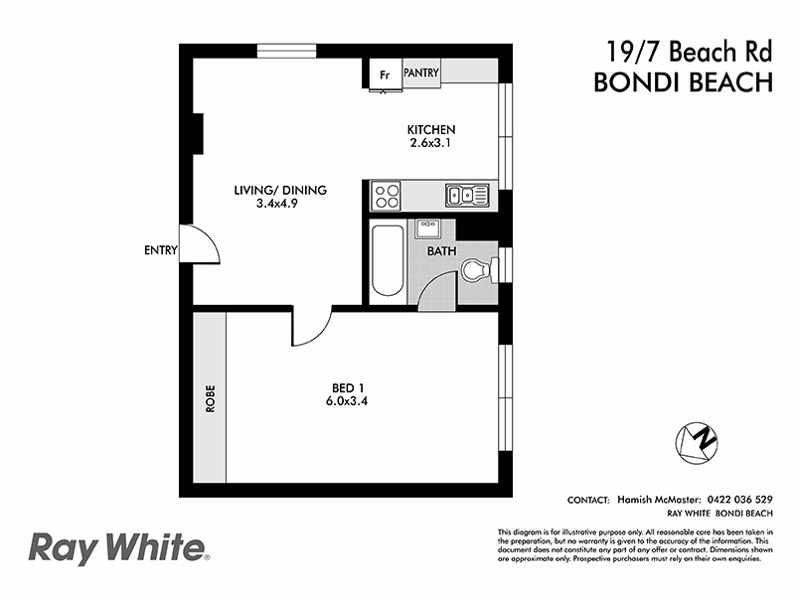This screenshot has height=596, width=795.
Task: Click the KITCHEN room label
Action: [431, 130]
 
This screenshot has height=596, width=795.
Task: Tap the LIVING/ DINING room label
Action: [280, 190]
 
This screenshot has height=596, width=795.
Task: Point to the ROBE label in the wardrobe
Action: [210, 397]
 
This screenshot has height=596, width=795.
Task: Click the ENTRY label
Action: [160, 250]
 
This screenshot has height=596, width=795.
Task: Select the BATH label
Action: [441, 251]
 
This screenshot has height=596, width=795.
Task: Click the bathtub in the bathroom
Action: [388, 261]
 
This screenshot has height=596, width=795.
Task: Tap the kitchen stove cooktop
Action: [386, 193]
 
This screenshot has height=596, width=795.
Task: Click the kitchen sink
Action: [466, 194]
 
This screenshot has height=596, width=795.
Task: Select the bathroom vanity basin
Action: [428, 226]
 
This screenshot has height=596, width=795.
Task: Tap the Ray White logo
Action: [116, 547]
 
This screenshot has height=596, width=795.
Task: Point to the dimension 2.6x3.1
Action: [431, 144]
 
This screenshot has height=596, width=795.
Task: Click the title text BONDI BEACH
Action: [683, 82]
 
